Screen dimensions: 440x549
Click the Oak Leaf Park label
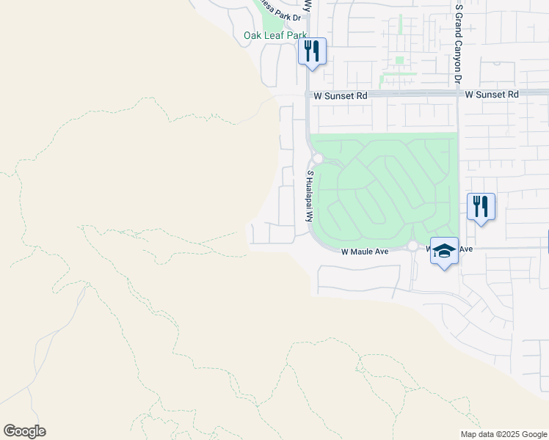(x=274, y=35)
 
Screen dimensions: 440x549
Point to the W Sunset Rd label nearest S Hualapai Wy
(x=340, y=96)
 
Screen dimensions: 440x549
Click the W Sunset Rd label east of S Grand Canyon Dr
(x=492, y=95)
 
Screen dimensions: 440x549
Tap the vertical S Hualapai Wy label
(x=310, y=197)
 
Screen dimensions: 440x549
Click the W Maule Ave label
(x=365, y=252)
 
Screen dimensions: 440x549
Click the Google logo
(x=24, y=431)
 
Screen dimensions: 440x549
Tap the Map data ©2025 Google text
(x=503, y=434)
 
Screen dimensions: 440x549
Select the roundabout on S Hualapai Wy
(x=318, y=158)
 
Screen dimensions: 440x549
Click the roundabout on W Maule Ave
(x=413, y=246)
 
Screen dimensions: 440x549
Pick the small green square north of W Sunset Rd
(x=399, y=60)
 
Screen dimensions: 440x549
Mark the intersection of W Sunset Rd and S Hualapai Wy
(x=307, y=95)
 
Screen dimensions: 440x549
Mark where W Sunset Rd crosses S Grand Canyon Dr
(x=458, y=95)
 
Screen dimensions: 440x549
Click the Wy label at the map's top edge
(x=308, y=4)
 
